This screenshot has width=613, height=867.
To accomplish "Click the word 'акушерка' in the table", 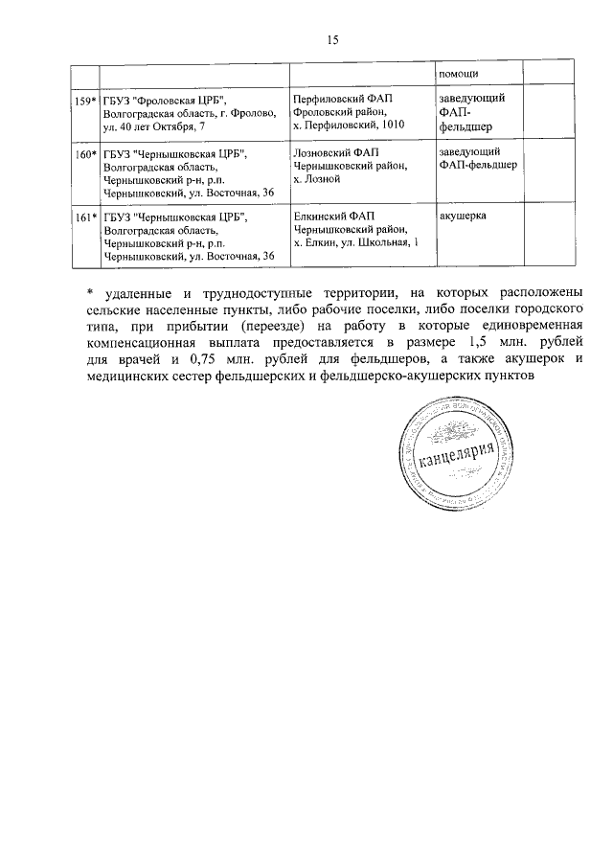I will click(463, 217).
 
